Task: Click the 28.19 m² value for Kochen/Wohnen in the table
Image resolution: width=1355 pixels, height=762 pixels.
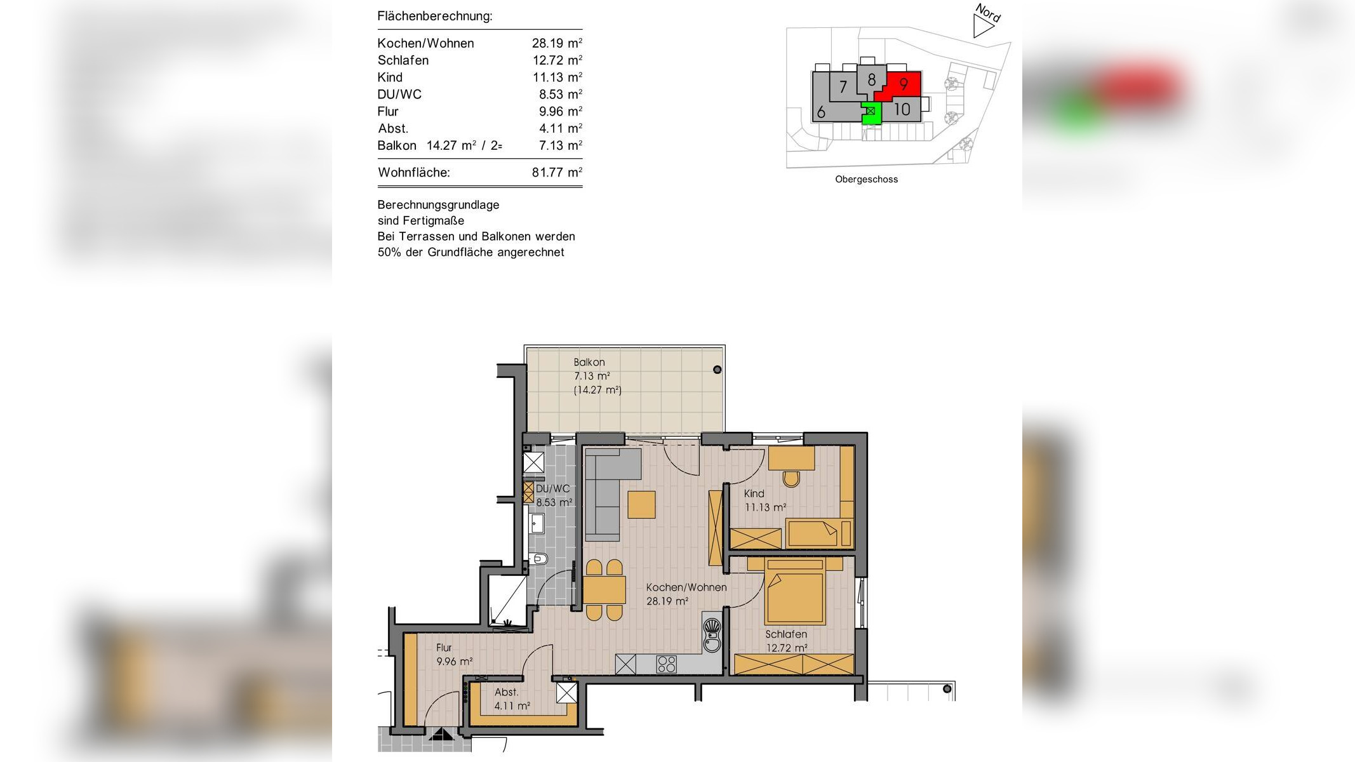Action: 557,43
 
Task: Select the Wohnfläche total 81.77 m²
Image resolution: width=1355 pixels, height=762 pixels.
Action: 557,172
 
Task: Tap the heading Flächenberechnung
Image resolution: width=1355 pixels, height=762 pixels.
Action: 435,16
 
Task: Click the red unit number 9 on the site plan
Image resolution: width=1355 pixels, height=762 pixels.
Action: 904,84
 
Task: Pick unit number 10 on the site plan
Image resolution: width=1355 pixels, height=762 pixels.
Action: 902,109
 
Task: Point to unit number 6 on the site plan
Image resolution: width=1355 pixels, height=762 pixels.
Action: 821,112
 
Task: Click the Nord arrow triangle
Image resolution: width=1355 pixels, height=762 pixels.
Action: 982,27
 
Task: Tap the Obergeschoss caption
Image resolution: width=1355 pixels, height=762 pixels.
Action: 866,180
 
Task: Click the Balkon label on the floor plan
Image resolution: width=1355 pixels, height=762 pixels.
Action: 589,363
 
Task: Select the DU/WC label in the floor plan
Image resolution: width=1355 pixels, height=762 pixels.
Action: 553,489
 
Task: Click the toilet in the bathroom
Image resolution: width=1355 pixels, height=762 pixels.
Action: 539,559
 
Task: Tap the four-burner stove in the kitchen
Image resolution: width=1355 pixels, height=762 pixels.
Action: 667,664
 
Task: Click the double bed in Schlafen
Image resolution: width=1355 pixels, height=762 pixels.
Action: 795,591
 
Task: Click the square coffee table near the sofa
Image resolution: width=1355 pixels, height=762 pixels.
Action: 641,505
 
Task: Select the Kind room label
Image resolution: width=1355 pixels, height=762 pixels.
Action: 754,493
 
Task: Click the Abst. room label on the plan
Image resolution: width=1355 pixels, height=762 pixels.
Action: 507,692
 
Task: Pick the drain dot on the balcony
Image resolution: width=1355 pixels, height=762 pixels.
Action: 717,370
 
